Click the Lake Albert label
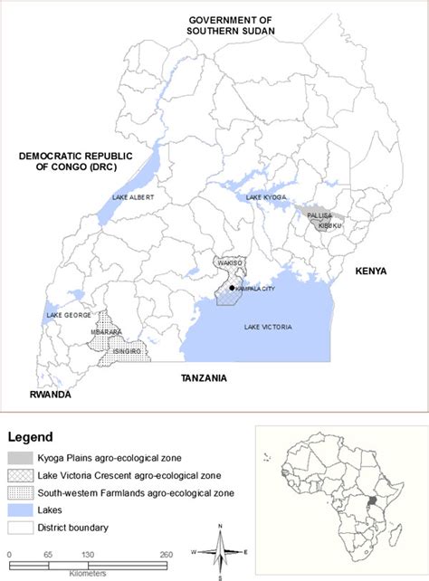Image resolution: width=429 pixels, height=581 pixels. [134, 196]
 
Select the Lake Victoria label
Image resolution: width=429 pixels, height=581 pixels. [268, 328]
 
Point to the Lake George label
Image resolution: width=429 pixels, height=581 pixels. [63, 316]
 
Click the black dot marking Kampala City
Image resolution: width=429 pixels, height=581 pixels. [233, 288]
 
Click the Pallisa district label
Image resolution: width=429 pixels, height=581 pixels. [320, 215]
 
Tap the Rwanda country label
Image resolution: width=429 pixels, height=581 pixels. [49, 395]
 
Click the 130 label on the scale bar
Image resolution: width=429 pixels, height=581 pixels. [88, 553]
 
